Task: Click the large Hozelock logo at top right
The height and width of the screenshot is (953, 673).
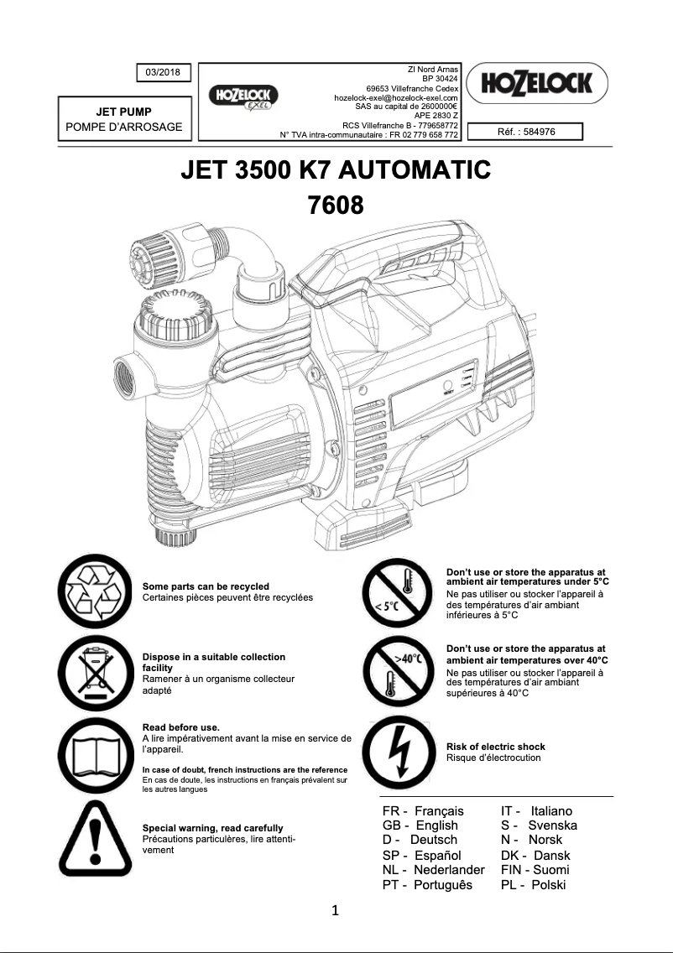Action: click(537, 83)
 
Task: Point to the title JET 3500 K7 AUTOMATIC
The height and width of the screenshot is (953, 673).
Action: click(336, 170)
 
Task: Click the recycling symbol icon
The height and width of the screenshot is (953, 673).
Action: click(94, 592)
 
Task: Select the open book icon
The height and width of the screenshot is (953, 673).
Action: click(94, 753)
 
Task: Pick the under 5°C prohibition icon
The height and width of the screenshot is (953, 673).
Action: click(397, 592)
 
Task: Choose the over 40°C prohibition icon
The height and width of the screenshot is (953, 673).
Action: click(397, 672)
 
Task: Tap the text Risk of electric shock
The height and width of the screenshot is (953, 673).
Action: click(495, 747)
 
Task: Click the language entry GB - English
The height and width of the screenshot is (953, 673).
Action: click(420, 825)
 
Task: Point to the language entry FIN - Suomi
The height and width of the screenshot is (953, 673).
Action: click(535, 870)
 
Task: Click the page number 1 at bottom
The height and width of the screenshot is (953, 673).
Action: click(336, 910)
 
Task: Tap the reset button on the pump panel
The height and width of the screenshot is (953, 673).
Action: click(446, 386)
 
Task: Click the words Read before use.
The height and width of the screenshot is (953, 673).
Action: click(181, 726)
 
